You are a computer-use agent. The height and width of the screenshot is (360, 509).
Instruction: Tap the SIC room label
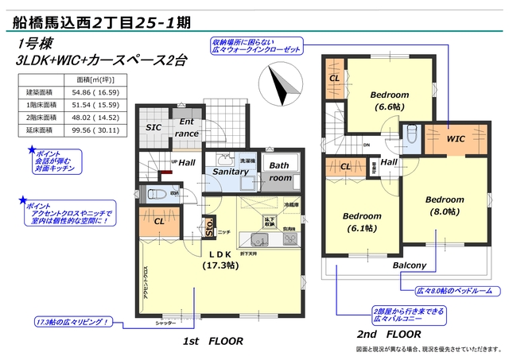(x=153, y=127)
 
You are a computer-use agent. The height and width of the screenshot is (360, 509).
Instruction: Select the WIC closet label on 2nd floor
(x=456, y=139)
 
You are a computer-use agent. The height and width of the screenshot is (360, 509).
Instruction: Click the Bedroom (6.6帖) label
(x=390, y=99)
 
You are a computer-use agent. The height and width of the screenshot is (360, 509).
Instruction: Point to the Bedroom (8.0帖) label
(x=444, y=205)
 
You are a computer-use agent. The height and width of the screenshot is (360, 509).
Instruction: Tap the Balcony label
(x=409, y=265)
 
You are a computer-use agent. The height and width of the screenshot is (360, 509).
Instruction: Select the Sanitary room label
(x=231, y=171)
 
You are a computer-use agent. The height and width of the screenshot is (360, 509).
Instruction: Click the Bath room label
(x=280, y=172)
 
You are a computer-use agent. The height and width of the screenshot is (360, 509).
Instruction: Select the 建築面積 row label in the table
(x=39, y=93)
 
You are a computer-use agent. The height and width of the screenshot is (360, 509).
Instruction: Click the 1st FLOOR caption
(x=209, y=340)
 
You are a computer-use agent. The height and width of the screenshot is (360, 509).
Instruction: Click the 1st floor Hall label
(x=187, y=162)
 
